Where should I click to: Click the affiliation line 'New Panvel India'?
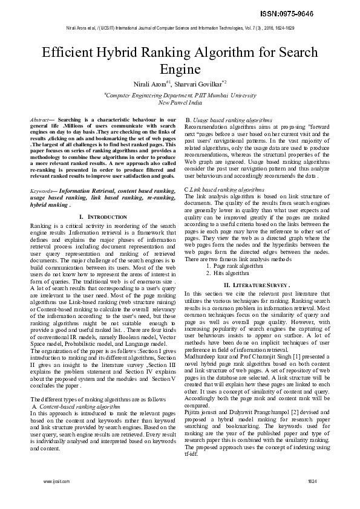pyautogui.click(x=180, y=102)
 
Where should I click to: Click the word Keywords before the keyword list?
pyautogui.click(x=42, y=191)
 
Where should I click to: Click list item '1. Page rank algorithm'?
pyautogui.click(x=234, y=265)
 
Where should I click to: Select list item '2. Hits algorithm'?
pyautogui.click(x=228, y=273)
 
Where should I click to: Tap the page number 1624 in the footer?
pyautogui.click(x=312, y=481)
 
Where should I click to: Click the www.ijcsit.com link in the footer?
pyautogui.click(x=57, y=481)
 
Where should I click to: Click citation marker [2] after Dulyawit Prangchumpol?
pyautogui.click(x=287, y=410)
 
